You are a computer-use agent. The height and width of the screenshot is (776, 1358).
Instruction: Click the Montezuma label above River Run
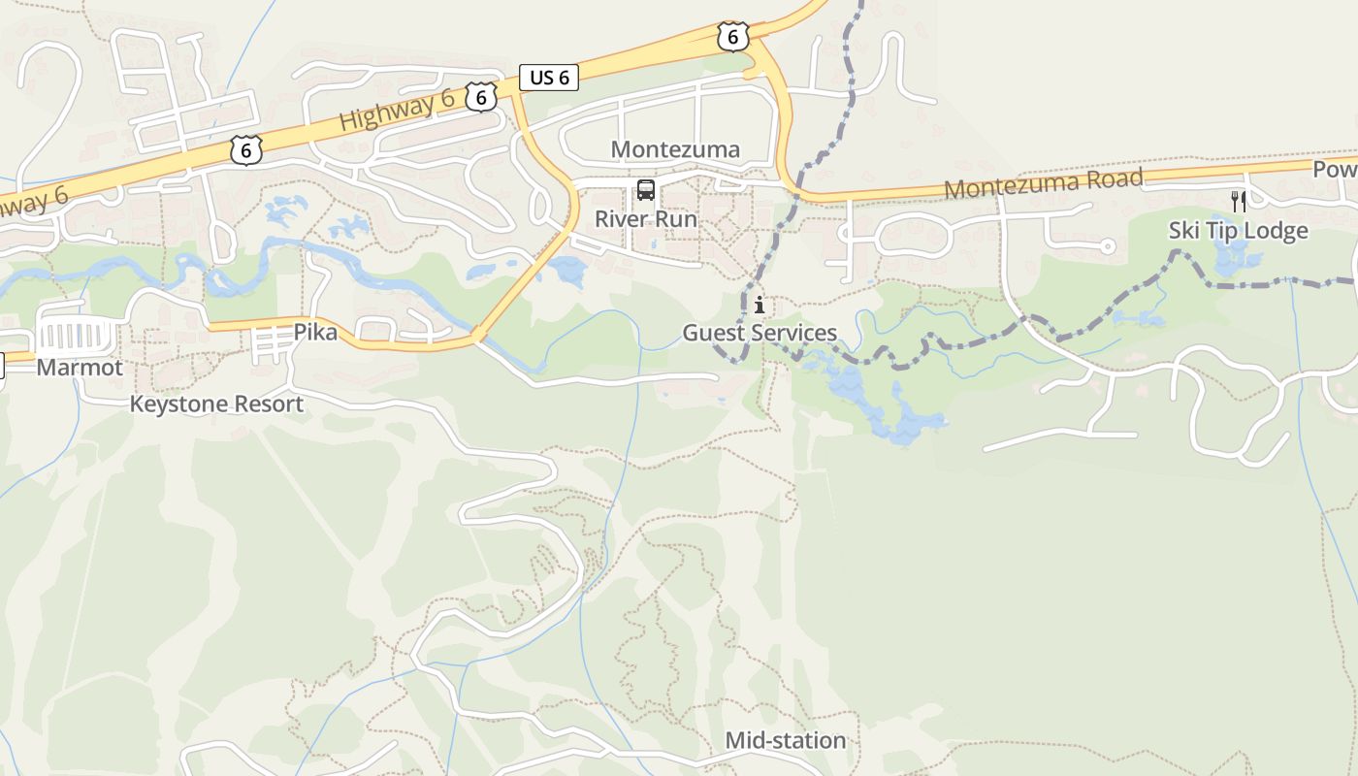click(x=675, y=149)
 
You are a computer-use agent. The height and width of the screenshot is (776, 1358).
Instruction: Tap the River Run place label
click(x=645, y=219)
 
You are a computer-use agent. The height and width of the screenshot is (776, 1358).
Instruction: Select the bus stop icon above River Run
click(x=646, y=190)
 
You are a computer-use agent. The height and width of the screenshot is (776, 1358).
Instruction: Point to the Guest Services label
click(x=760, y=333)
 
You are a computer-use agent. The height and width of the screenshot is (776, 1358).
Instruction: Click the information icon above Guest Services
click(x=760, y=306)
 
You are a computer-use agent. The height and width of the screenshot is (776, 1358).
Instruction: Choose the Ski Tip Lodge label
click(x=1238, y=231)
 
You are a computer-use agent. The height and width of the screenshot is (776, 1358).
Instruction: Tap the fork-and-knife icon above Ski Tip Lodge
click(x=1238, y=202)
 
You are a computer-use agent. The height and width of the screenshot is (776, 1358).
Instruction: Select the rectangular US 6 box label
click(x=549, y=78)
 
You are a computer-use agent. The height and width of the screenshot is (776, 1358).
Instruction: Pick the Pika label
click(x=315, y=333)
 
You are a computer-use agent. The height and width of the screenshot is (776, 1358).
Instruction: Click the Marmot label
click(x=80, y=368)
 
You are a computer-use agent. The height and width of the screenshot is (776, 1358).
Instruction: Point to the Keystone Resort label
click(x=216, y=404)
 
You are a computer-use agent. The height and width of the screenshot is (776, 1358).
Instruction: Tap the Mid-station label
click(x=786, y=741)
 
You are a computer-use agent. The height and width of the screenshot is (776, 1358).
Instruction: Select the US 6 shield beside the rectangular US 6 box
click(x=480, y=96)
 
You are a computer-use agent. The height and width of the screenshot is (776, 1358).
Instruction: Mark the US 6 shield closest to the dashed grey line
click(x=732, y=37)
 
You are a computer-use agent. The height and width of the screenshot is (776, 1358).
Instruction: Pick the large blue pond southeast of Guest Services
click(x=897, y=412)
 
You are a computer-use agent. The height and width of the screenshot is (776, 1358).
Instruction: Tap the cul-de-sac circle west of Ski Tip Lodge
click(x=1107, y=246)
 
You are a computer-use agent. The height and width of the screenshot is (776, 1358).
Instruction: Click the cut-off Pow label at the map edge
click(x=1335, y=170)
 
